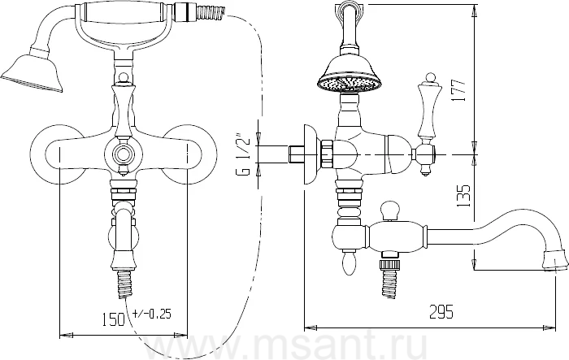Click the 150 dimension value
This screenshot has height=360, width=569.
[113, 319]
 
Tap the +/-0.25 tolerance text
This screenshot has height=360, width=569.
[153, 314]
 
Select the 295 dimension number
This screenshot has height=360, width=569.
[441, 311]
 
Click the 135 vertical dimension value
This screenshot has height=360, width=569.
[463, 196]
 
